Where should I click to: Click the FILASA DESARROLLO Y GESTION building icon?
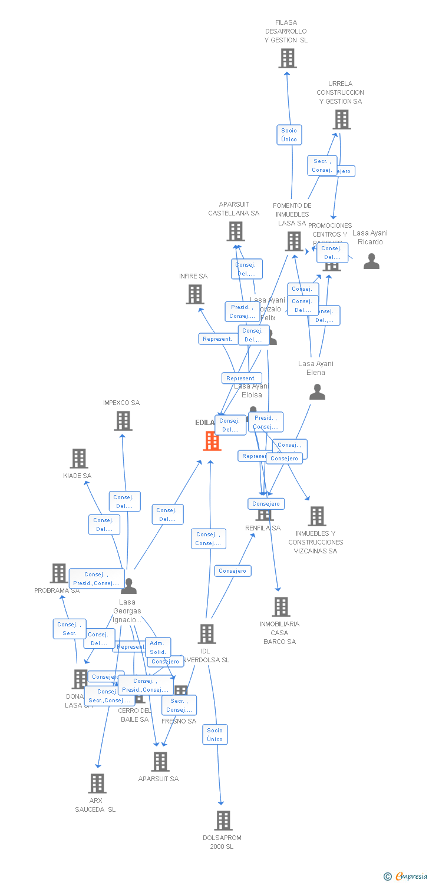click(288, 58)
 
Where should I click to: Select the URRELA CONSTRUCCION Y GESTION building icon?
click(341, 119)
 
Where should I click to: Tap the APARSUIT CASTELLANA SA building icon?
click(236, 231)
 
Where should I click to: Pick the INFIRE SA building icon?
click(195, 294)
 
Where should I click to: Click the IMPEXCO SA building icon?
click(123, 421)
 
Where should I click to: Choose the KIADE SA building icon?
click(79, 458)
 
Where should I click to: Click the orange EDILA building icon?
click(212, 441)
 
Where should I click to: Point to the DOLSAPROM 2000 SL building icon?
click(223, 820)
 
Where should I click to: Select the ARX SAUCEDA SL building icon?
click(97, 783)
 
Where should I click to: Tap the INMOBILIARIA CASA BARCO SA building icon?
click(280, 606)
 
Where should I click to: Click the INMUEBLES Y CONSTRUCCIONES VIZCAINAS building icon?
click(317, 516)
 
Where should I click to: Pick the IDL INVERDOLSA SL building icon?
click(207, 634)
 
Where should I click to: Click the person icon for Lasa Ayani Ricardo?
click(371, 261)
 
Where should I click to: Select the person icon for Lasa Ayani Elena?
click(317, 392)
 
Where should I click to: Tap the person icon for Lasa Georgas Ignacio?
click(128, 586)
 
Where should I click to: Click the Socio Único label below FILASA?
click(289, 135)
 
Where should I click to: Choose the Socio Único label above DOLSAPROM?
click(215, 735)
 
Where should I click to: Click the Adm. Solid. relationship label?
click(158, 648)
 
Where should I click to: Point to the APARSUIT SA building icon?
click(160, 761)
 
